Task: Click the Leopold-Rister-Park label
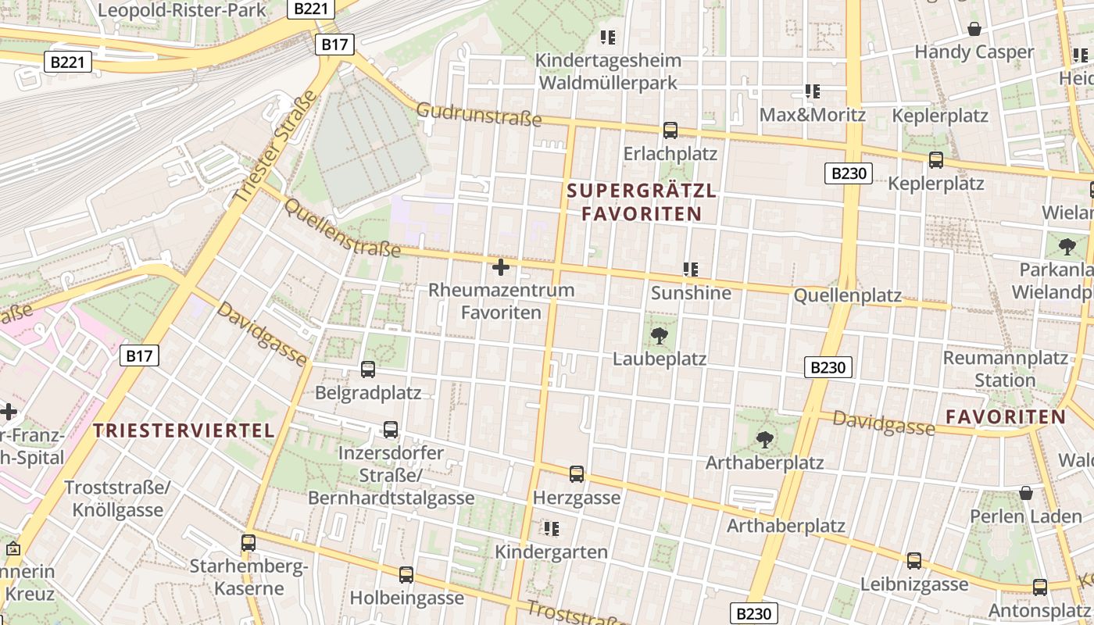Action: coord(181,10)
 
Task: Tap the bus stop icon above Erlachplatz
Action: coord(670,130)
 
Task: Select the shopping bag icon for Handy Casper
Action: coord(974,30)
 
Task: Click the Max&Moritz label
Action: coord(813,115)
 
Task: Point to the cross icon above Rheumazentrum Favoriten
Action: coord(501,268)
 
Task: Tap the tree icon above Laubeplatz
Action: coord(660,337)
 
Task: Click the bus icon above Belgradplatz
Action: coord(367,370)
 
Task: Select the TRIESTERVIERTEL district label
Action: coord(184,430)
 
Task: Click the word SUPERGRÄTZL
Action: coord(641,191)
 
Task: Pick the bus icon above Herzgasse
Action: coord(577,474)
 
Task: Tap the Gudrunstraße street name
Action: coord(478,114)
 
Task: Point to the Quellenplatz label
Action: coord(847,296)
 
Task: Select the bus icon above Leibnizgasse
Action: coord(914,561)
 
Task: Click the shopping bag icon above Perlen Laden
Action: coord(1026,494)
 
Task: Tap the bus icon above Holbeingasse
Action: coord(406,575)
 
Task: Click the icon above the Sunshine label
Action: coord(691,270)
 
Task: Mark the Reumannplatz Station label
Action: coord(1005,370)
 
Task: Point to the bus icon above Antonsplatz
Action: coord(1039,587)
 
